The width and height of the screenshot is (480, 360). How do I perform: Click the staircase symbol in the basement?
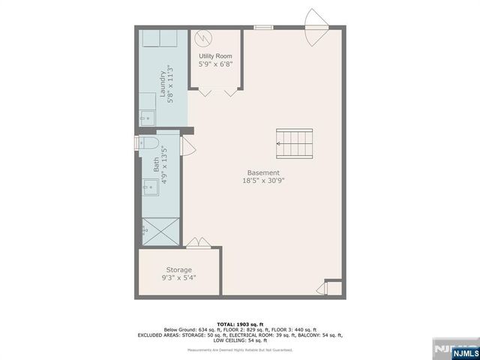point(293,142)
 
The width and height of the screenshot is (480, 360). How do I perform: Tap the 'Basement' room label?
point(263,172)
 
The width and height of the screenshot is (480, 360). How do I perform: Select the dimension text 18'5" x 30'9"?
point(263,181)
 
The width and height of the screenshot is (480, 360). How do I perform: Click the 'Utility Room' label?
point(215,56)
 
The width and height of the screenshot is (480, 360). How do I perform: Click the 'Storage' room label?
point(178,270)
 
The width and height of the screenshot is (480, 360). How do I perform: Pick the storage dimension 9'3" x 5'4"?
point(178,278)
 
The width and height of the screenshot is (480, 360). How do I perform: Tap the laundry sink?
point(146,118)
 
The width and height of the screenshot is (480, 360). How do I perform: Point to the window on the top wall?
point(263,28)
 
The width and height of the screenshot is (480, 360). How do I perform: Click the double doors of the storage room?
point(199,243)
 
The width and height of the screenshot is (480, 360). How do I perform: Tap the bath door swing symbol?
point(187,145)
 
